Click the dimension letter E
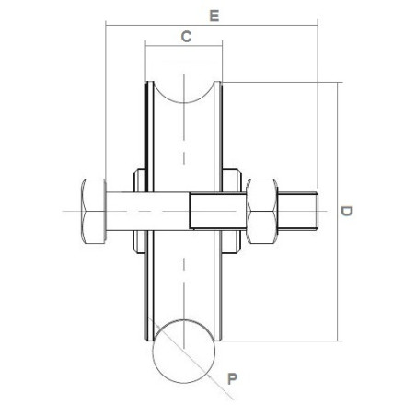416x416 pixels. [x=214, y=16]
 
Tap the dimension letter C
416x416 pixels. [x=186, y=37]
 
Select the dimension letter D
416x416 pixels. [x=347, y=211]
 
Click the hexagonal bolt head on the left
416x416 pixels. [x=93, y=211]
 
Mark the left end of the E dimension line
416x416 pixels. [x=107, y=26]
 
